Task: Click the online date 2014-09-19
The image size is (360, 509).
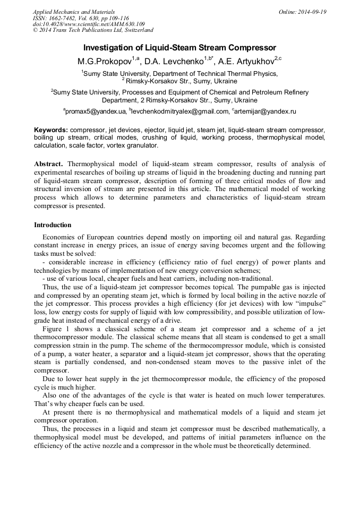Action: [311, 12]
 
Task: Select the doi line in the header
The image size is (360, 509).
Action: [89, 24]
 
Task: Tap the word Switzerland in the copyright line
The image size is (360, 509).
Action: [136, 31]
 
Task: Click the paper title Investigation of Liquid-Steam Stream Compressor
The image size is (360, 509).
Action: [179, 48]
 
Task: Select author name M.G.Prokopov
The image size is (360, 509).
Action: [104, 62]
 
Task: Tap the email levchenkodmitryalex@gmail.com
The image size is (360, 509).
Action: [180, 112]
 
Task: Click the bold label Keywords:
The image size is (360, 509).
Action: [51, 130]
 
